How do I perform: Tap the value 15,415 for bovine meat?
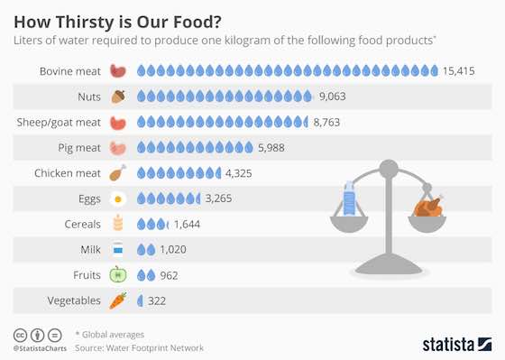(459, 70)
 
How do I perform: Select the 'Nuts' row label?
(87, 96)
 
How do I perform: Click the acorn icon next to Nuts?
(117, 96)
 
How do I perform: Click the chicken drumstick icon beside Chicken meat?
(117, 171)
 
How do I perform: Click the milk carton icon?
(117, 248)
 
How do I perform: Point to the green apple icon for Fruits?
(117, 273)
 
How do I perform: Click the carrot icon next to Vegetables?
(117, 300)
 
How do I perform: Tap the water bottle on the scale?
(348, 199)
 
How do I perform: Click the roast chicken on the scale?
(428, 207)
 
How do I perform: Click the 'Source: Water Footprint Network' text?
(140, 347)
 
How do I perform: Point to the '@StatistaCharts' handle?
(37, 348)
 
